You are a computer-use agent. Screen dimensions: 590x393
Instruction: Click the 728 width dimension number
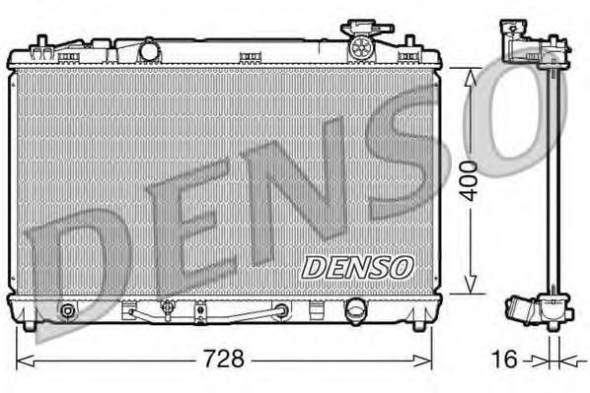click(224, 359)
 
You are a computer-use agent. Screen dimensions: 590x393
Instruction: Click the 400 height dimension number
click(470, 181)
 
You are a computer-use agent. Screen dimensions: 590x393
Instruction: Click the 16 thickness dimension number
click(504, 360)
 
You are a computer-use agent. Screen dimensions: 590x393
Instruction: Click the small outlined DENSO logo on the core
click(358, 268)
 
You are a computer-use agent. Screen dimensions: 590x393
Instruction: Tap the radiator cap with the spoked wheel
click(361, 46)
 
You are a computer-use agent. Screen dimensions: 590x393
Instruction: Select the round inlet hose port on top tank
click(149, 50)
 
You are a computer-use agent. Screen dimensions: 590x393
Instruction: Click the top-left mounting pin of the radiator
click(41, 41)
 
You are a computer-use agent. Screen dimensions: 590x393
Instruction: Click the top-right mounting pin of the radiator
click(409, 41)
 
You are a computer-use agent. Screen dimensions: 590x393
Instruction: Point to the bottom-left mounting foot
click(30, 325)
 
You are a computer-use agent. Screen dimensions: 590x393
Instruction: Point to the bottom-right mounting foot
click(419, 325)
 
